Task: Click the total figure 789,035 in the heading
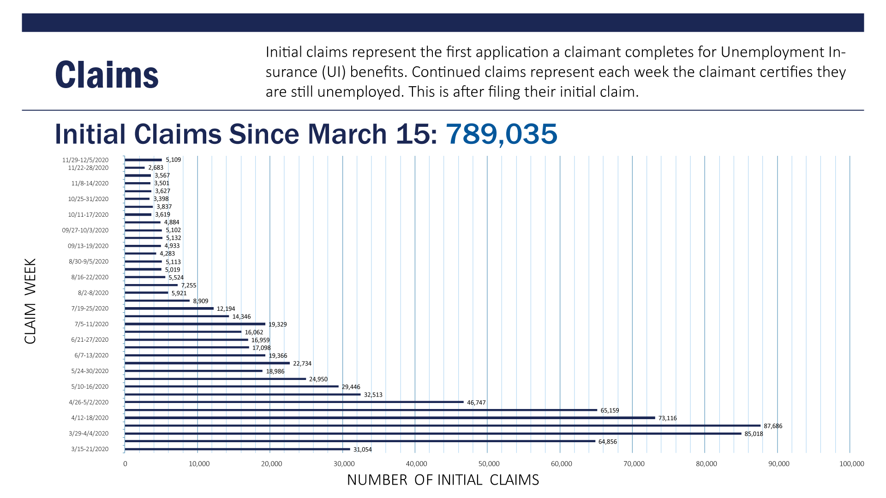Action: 501,134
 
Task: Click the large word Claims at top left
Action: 107,75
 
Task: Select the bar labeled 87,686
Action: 442,426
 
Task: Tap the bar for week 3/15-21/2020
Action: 237,449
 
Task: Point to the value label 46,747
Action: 476,403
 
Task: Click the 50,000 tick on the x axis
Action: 489,464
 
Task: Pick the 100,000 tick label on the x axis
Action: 851,464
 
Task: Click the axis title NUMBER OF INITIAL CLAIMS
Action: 443,480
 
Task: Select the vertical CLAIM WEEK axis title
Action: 30,301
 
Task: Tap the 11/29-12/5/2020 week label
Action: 85,160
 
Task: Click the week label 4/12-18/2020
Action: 90,418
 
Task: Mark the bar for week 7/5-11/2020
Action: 195,324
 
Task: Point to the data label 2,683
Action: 156,168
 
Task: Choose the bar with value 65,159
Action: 361,410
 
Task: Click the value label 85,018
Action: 754,434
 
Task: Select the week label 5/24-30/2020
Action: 90,371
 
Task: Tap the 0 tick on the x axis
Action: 125,464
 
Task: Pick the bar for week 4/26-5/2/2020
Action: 294,402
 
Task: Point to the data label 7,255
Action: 189,285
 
